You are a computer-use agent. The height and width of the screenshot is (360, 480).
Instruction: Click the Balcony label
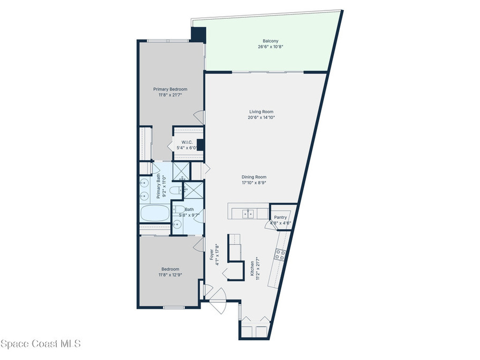[270, 41]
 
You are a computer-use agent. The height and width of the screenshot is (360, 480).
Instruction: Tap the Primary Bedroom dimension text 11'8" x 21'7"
[170, 95]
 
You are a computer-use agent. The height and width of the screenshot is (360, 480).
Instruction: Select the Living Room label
[261, 112]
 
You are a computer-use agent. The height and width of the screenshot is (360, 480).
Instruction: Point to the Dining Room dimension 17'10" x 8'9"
[254, 183]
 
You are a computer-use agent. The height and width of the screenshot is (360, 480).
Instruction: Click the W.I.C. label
[187, 142]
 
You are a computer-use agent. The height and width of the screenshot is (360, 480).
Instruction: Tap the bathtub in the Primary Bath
[155, 213]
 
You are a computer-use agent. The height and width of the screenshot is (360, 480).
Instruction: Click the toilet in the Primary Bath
[176, 190]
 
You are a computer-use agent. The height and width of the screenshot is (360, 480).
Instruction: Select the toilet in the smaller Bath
[179, 210]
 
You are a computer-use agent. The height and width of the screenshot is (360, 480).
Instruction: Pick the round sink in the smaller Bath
[177, 225]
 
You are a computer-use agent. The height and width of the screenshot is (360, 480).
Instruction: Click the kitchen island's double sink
[248, 213]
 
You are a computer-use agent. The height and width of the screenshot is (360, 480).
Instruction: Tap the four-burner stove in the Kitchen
[280, 255]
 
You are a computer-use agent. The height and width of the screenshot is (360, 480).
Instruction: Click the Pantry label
[280, 217]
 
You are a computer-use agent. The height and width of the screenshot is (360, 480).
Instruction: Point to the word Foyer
[211, 255]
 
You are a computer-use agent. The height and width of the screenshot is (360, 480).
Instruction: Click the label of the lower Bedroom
[170, 269]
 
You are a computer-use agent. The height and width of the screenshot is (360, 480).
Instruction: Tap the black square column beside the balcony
[198, 34]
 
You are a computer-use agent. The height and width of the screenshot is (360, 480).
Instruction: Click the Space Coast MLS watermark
[40, 344]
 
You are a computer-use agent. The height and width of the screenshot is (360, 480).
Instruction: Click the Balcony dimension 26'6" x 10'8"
[270, 47]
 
